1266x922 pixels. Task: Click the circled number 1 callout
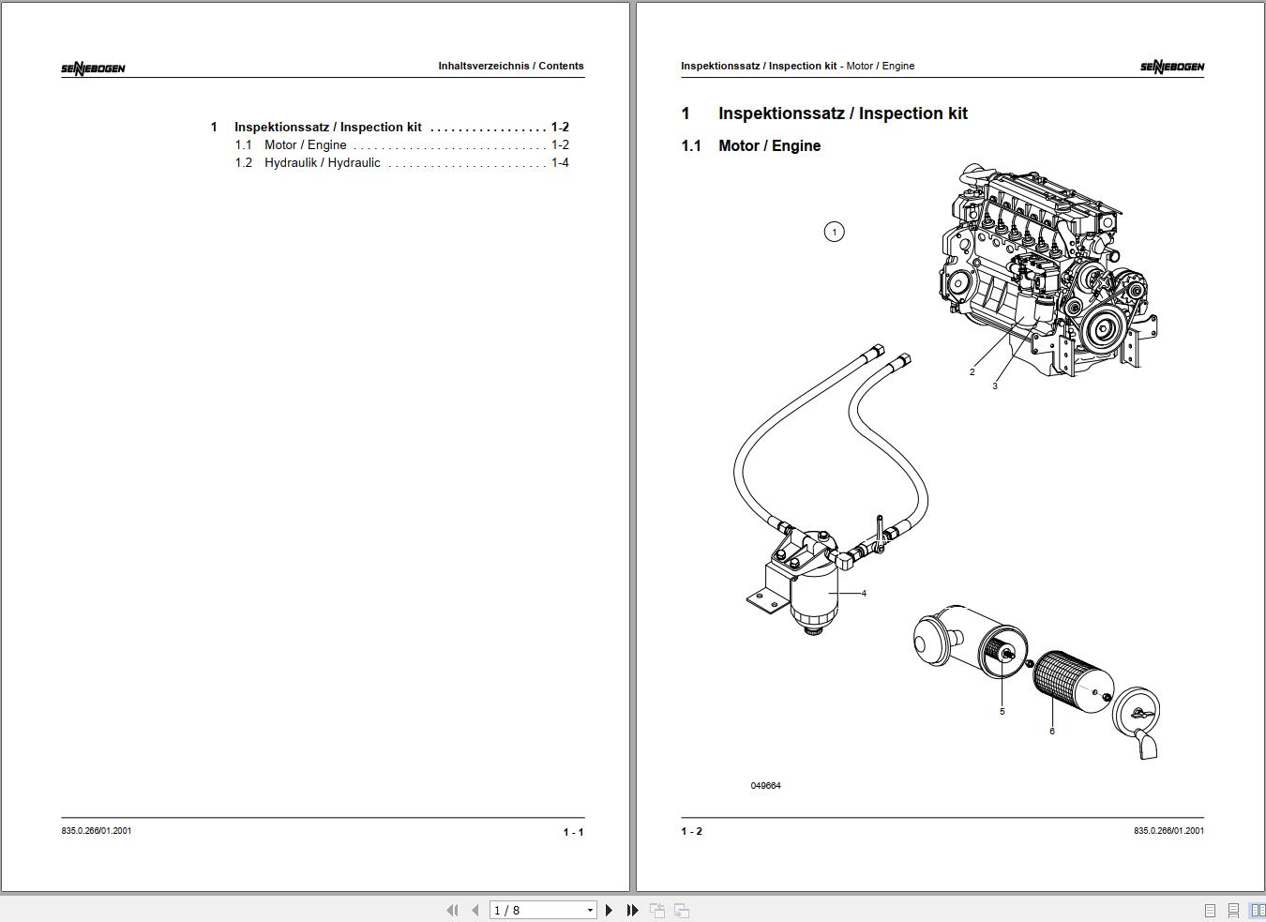835,232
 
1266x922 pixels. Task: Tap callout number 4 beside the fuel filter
864,593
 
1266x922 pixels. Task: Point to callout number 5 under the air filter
1002,711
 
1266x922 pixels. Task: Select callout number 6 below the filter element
1052,731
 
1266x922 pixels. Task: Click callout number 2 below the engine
972,372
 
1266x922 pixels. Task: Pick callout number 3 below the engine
995,386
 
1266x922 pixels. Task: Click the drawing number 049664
765,785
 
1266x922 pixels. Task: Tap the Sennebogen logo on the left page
93,68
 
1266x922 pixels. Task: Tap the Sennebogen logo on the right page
1172,67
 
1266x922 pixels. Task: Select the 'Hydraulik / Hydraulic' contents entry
323,163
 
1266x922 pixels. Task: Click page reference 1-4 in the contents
560,163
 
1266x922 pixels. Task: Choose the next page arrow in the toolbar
609,910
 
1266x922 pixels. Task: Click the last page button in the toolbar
632,910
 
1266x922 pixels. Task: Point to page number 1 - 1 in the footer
573,832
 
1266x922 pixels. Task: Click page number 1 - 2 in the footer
692,831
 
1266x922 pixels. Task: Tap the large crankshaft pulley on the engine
1100,328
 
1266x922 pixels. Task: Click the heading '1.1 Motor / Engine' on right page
751,145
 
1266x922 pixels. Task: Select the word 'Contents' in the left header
561,66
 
